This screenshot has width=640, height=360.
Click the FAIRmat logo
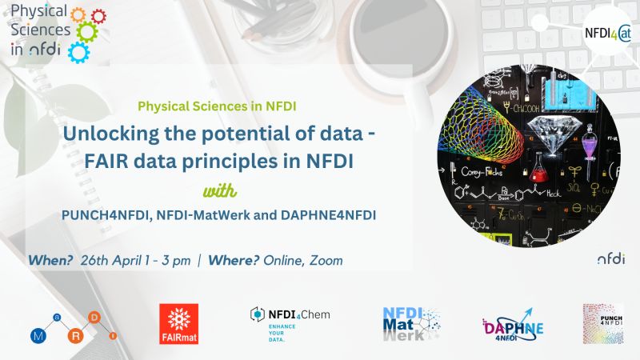(179, 323)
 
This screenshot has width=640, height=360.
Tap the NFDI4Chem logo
(289, 322)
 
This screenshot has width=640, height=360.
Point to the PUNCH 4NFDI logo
(602, 323)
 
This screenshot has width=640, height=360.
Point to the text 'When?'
(50, 261)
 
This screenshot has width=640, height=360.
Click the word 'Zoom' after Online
(327, 261)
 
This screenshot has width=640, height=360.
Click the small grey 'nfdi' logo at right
(611, 258)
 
